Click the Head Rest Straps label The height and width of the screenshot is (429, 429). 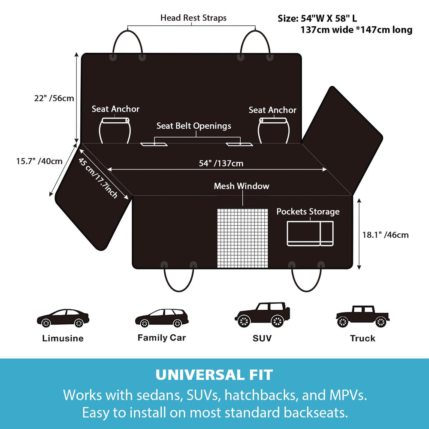pos(193,18)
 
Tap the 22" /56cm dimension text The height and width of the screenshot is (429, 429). pos(54,98)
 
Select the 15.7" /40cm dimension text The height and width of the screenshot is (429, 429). pos(39,161)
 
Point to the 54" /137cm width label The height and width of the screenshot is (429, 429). pos(221,163)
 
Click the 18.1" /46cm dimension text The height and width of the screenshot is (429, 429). pos(386,235)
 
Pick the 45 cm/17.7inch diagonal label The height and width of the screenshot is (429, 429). pos(98,178)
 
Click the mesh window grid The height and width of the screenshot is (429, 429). pos(243,238)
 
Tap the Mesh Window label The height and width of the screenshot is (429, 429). pos(242,186)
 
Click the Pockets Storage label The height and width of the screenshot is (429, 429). pos(308,211)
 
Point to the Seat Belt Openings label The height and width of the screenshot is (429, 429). pos(194,126)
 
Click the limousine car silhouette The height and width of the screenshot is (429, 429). pos(63,318)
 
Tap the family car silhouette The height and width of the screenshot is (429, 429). pos(162,318)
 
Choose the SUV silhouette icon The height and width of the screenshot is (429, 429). pos(262,315)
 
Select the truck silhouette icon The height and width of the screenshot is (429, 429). pos(363,317)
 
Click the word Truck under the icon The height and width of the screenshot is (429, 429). pos(363,338)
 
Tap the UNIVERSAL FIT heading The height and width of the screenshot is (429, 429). pos(214,375)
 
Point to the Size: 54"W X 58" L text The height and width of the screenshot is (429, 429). pos(317,18)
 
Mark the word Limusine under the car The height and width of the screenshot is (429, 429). pos(63,338)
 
